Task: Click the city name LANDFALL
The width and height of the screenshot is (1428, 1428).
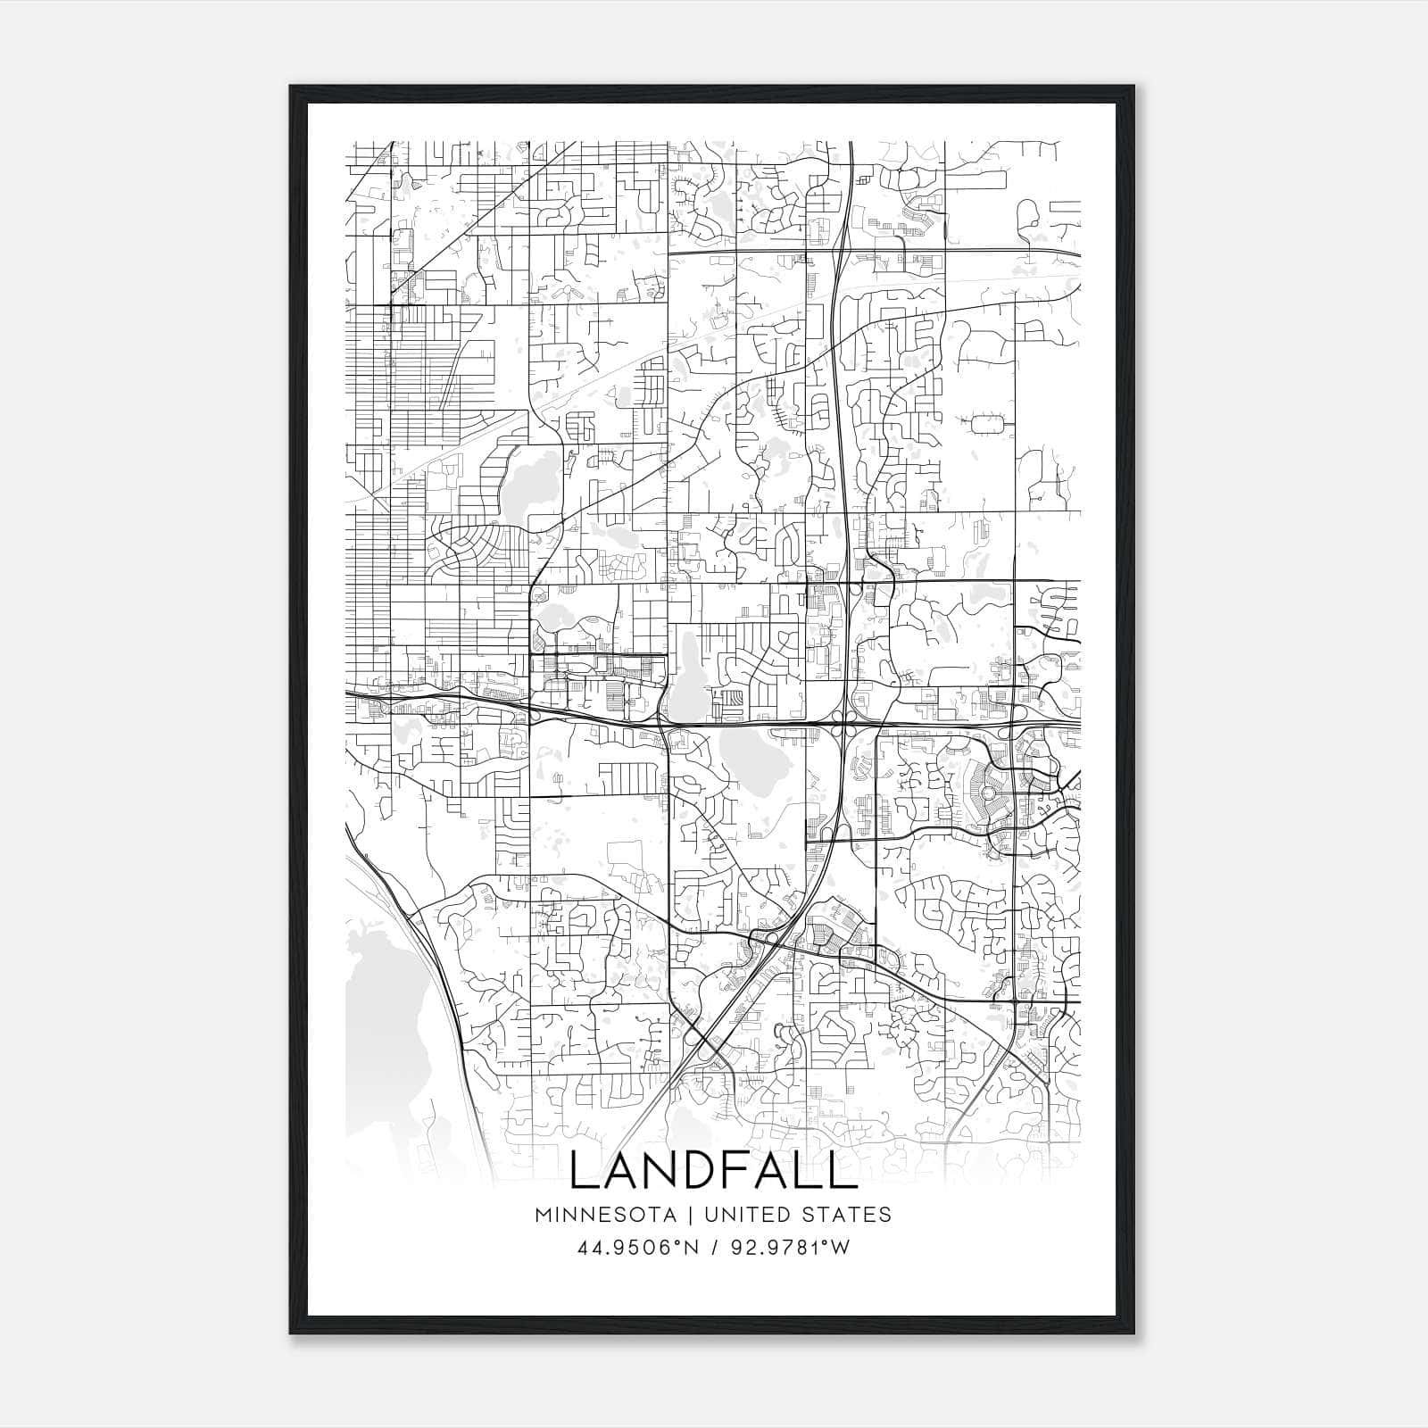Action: [712, 1172]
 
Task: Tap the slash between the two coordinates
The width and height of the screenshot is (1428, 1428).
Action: [713, 1248]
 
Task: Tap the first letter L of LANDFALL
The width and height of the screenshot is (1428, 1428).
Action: [583, 1172]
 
